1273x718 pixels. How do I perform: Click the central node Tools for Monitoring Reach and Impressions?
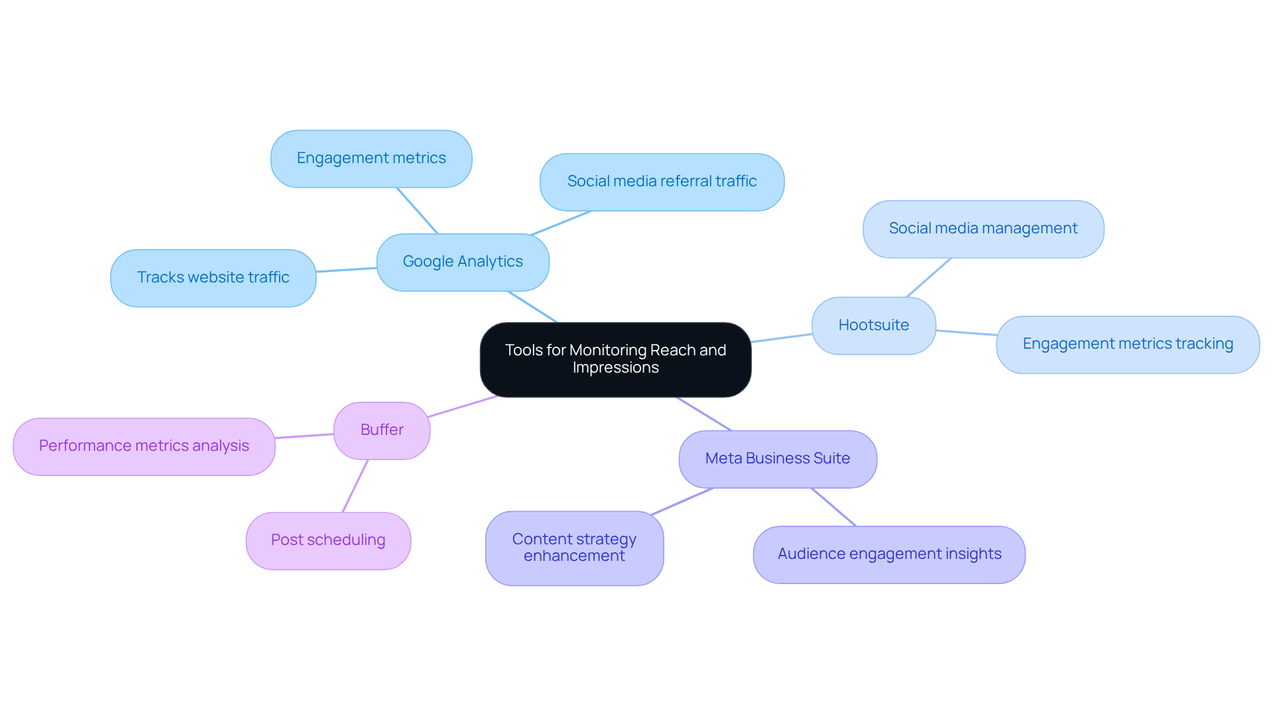(x=615, y=359)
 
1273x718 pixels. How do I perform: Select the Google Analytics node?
(x=463, y=262)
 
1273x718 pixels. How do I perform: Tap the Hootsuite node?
(x=873, y=326)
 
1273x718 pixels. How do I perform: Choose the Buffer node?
(x=382, y=430)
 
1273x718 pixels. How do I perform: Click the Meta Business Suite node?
(x=778, y=459)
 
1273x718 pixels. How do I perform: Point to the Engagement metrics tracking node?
(x=1127, y=344)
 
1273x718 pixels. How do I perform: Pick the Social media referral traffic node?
(x=662, y=182)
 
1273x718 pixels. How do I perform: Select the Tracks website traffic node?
(x=213, y=278)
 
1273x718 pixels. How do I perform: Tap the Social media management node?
(x=983, y=229)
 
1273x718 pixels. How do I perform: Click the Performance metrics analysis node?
(x=144, y=446)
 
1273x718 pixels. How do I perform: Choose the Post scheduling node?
(x=328, y=540)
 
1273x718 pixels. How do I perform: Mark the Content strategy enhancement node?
(x=574, y=548)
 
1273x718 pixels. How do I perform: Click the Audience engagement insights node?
(x=889, y=554)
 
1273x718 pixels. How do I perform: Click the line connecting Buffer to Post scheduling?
(x=355, y=485)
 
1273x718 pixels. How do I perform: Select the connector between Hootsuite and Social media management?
(x=928, y=277)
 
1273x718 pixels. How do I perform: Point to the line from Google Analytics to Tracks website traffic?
(x=346, y=270)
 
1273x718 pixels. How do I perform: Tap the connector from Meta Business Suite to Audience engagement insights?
(x=833, y=507)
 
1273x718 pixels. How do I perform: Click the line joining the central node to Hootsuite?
(x=781, y=338)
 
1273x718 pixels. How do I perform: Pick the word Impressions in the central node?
(x=615, y=368)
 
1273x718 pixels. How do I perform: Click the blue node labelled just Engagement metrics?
(x=371, y=158)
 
